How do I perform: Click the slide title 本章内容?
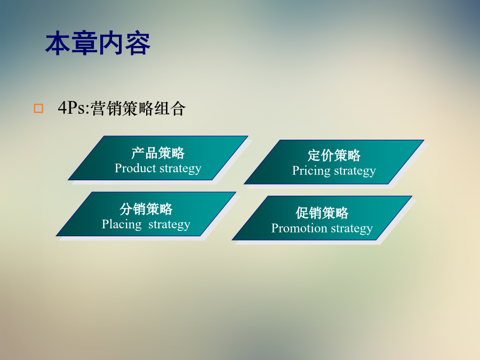pos(98,43)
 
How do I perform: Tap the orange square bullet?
pos(38,108)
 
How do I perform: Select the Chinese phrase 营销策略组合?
pos(138,108)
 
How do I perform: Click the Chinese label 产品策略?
pos(158,153)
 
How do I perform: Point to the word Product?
pos(135,168)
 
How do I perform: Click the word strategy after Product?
pos(180,169)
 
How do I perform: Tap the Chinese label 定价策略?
pos(334,155)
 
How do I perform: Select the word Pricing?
pos(311,171)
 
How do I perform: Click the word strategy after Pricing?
pos(355,171)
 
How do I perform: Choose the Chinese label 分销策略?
pos(146,209)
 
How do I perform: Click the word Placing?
pos(122,225)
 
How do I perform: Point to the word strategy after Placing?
pos(169,225)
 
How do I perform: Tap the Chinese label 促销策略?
pos(322,213)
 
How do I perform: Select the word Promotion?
pos(299,228)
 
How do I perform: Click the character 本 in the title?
pos(58,43)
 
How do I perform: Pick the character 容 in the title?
pos(138,43)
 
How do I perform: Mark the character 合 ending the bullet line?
pos(178,108)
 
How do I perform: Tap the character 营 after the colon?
pos(98,108)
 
